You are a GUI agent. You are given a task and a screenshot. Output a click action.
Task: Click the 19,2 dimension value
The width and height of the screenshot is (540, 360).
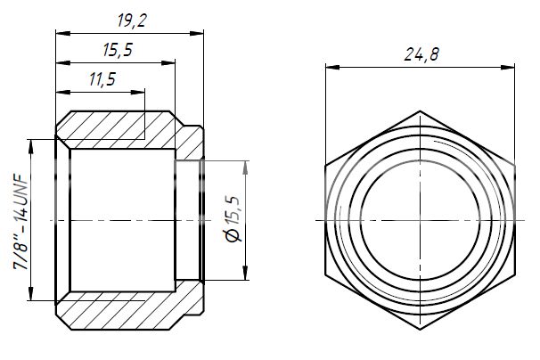click(132, 20)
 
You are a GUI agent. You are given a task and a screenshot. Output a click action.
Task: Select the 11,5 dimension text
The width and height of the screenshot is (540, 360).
click(102, 79)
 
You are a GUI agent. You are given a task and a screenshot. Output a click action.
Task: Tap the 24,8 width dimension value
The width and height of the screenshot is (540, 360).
click(421, 54)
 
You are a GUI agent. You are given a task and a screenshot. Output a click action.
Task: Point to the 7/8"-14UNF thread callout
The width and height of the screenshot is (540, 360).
click(20, 222)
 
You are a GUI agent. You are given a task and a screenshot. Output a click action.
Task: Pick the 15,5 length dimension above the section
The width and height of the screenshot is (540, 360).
click(118, 50)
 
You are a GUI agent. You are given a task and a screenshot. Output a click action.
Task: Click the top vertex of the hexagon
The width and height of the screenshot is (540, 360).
click(420, 110)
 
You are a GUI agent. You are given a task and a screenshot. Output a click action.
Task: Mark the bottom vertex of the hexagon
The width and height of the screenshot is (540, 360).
click(420, 330)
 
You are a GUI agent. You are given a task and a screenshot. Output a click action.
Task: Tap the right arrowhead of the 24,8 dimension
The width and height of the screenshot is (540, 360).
click(508, 67)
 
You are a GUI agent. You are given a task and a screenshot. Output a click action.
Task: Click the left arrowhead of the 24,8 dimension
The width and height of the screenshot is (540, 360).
click(332, 67)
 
